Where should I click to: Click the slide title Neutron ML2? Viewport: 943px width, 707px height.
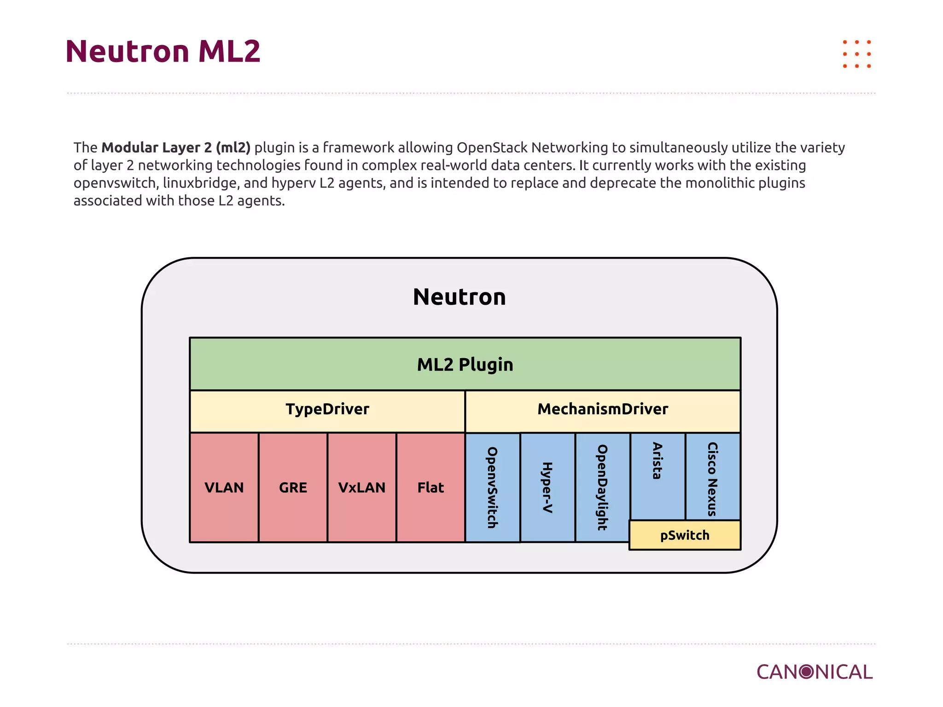[x=163, y=51]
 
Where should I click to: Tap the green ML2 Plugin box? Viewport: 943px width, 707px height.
[x=465, y=364]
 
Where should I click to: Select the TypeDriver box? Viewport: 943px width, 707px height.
[x=327, y=409]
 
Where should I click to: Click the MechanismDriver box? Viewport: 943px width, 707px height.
[x=603, y=409]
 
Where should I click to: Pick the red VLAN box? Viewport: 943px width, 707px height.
[x=224, y=487]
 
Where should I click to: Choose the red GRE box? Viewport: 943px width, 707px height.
[x=293, y=487]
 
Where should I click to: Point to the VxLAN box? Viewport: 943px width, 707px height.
[x=362, y=487]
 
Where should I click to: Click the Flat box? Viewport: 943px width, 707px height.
[x=431, y=487]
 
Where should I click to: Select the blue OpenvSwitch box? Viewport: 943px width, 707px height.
[x=493, y=487]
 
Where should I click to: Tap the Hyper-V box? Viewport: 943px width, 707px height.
[x=547, y=487]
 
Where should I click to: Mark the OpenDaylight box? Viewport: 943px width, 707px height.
[x=602, y=487]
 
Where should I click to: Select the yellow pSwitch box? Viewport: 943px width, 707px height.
[x=685, y=535]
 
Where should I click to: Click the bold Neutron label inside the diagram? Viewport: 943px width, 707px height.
[x=460, y=297]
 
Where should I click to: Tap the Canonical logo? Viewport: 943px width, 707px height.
[x=815, y=672]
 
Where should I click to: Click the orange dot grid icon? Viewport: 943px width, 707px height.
[x=857, y=54]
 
